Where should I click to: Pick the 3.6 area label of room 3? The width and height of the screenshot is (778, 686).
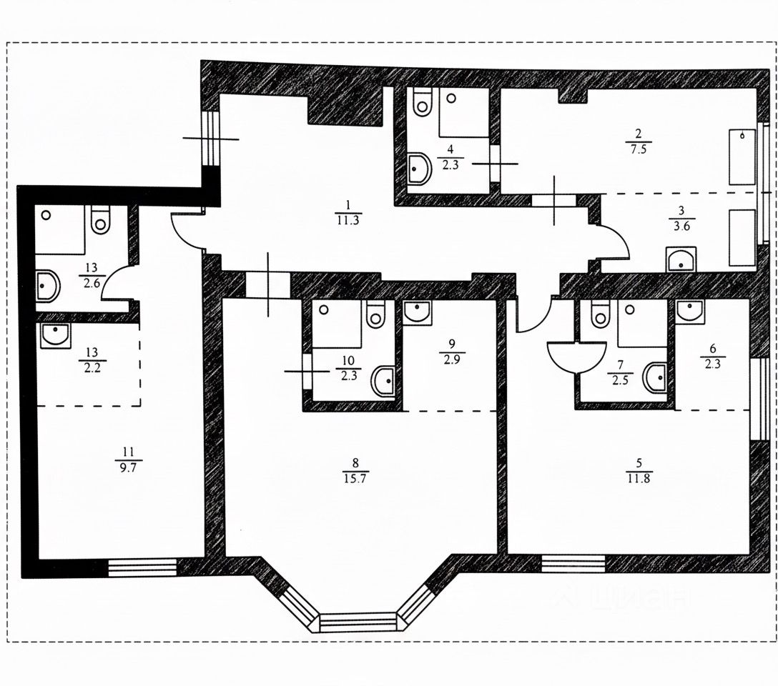[680, 222]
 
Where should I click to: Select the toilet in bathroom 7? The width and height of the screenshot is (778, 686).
[600, 312]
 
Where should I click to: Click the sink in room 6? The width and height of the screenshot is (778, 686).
[689, 309]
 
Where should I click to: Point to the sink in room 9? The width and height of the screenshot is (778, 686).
[415, 311]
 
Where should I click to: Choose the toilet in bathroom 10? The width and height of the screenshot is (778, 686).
[375, 313]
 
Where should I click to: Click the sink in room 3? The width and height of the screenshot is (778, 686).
[681, 259]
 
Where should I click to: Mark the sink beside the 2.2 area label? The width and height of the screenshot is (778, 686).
[55, 335]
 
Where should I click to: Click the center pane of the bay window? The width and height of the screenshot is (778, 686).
[358, 621]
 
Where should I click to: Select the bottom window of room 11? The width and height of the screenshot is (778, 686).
[142, 567]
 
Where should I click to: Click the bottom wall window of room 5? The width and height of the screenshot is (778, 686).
[573, 564]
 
